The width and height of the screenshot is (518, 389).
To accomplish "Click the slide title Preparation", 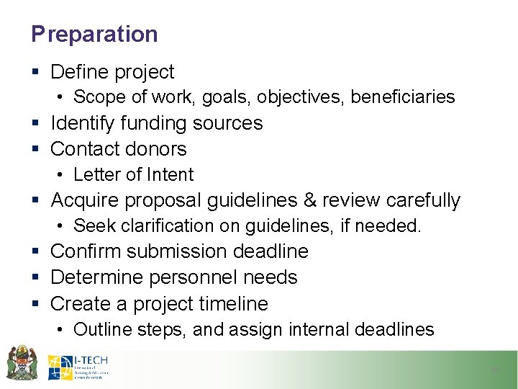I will (94, 34).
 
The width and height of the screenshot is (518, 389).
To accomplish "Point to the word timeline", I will (235, 303).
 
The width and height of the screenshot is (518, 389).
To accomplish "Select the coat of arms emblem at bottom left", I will (22, 362).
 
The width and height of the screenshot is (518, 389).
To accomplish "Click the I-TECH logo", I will (78, 367).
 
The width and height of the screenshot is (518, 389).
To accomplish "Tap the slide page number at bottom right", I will (494, 370).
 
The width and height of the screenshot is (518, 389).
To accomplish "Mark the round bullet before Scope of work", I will (63, 97).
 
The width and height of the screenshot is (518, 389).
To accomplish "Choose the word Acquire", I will (86, 200).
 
